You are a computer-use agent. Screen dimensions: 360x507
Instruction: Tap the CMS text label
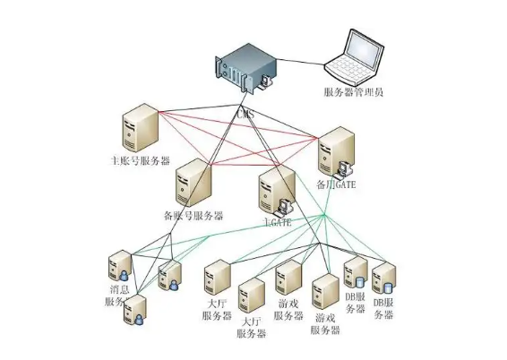click(246, 115)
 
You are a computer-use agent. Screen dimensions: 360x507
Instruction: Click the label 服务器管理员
click(354, 92)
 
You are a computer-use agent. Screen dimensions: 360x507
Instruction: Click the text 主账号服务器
click(139, 162)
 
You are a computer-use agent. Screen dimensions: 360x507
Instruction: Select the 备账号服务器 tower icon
click(193, 183)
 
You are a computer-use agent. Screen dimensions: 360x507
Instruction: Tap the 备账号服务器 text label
click(193, 216)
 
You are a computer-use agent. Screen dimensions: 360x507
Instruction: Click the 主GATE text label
click(277, 219)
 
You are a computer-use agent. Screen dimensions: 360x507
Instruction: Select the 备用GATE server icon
click(337, 150)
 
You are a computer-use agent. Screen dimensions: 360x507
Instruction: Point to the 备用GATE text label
click(339, 184)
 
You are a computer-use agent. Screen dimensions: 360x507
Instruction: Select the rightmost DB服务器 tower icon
click(383, 278)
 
